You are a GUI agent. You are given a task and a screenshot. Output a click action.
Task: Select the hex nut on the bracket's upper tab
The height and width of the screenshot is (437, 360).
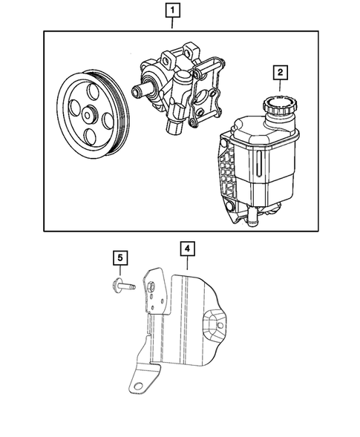coord(151,286)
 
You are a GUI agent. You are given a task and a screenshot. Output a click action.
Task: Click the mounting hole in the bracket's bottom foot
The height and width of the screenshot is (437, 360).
coord(137,382)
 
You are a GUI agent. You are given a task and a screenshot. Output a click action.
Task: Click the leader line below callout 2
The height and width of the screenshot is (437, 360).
coord(280,85)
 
